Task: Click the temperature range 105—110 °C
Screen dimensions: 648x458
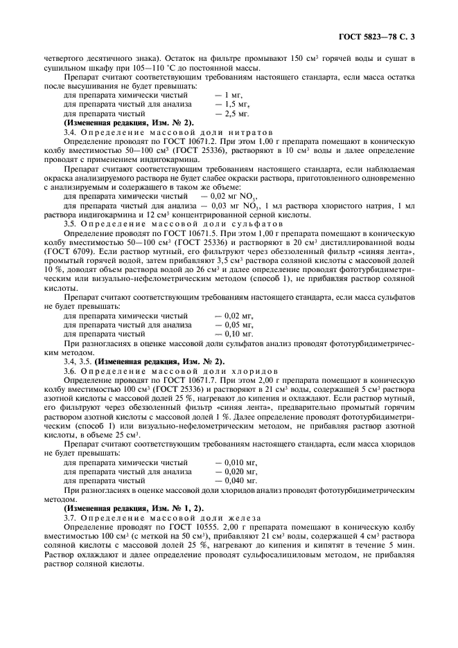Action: coord(118,68)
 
